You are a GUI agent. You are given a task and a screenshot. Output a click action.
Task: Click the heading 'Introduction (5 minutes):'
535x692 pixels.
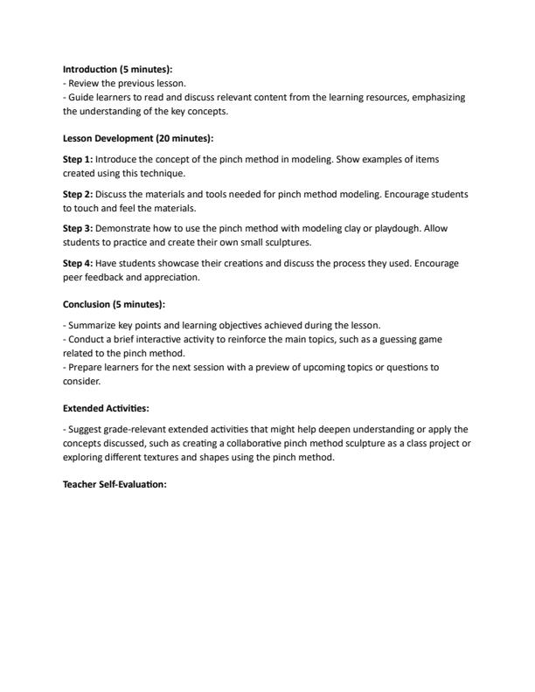117,69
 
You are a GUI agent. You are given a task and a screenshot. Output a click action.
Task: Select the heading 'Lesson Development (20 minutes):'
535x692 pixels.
138,138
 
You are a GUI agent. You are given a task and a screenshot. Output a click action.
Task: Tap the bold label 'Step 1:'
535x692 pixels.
78,160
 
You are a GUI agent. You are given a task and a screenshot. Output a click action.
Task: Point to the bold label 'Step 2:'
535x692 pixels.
78,193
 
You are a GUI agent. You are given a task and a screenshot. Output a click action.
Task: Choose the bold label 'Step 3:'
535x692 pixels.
78,227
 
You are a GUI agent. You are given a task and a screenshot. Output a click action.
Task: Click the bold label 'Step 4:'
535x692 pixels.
78,262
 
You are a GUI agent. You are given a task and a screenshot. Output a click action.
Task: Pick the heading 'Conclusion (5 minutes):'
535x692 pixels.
114,304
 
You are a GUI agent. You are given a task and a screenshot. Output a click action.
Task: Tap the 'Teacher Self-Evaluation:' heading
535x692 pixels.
115,485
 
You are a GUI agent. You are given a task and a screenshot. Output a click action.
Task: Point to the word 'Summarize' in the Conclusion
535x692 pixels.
93,325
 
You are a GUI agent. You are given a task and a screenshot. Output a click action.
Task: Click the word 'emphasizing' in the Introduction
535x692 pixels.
438,97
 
